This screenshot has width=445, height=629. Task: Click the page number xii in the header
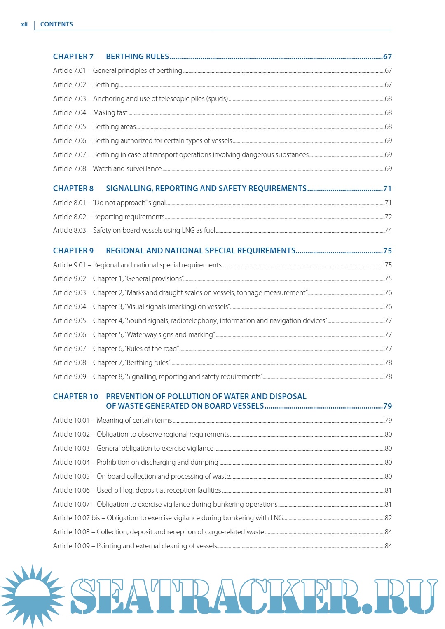pos(24,24)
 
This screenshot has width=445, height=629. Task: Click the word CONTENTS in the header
pos(56,24)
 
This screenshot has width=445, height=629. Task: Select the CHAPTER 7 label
pos(73,57)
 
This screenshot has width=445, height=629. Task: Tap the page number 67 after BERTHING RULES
pos(387,57)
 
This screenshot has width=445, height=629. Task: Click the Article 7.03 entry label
pos(69,98)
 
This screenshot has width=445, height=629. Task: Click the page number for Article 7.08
pos(388,168)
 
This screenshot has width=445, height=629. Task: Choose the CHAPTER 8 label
pos(73,189)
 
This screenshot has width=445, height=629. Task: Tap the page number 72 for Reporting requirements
pos(388,217)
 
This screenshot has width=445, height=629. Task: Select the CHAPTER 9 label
pos(73,251)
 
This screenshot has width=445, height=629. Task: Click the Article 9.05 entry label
pos(69,320)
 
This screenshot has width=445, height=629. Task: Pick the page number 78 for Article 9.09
pos(388,376)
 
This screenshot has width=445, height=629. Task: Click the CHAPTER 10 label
pos(75,397)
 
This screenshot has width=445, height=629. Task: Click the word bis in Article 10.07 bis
pos(96,518)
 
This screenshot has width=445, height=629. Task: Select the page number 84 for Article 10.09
pos(388,546)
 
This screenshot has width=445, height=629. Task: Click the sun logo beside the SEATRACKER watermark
pos(32,596)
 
